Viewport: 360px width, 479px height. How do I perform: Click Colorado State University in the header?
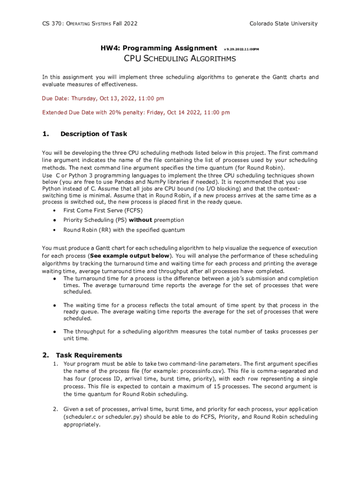pyautogui.click(x=283, y=24)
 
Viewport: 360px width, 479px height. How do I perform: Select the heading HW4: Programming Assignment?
pyautogui.click(x=159, y=48)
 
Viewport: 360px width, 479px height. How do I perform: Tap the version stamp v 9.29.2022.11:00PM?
pyautogui.click(x=242, y=49)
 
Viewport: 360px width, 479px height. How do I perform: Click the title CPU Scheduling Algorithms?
pyautogui.click(x=180, y=59)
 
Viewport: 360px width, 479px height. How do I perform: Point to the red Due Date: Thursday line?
pyautogui.click(x=103, y=99)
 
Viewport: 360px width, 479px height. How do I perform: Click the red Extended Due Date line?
pyautogui.click(x=136, y=113)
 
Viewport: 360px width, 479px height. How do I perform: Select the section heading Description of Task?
pyautogui.click(x=94, y=134)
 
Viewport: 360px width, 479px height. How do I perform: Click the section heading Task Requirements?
pyautogui.click(x=89, y=355)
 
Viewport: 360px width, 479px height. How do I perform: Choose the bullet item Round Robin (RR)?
pyautogui.click(x=124, y=230)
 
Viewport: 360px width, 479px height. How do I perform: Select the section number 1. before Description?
pyautogui.click(x=45, y=134)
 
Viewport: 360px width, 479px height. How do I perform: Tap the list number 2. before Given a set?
pyautogui.click(x=55, y=409)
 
